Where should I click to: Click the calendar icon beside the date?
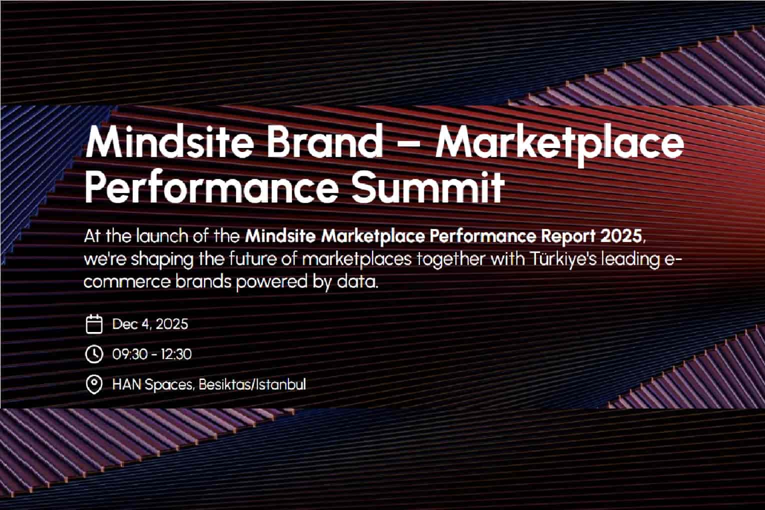point(94,324)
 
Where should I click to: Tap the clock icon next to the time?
point(94,354)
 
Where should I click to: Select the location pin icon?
point(94,384)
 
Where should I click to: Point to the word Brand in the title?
point(324,142)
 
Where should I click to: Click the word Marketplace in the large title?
point(560,145)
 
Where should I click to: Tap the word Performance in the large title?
point(211,187)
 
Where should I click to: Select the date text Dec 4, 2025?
point(150,324)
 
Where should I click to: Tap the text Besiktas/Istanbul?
point(252,384)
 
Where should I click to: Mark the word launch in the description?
point(162,236)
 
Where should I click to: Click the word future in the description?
point(252,259)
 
